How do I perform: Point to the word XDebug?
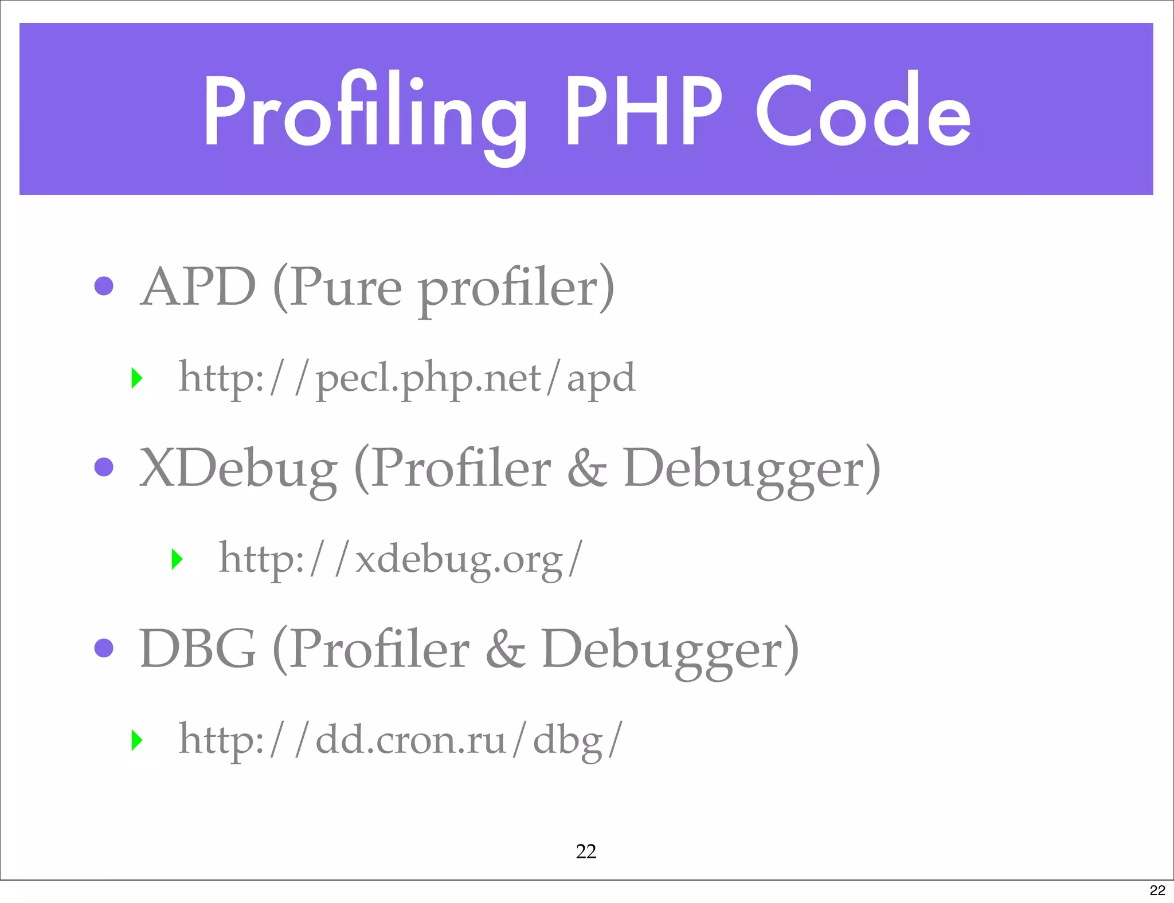tap(238, 469)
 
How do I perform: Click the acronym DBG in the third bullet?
tap(197, 649)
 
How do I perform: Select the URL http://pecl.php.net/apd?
tap(407, 378)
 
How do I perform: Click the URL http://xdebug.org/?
tap(401, 559)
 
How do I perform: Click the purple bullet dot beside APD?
tap(104, 285)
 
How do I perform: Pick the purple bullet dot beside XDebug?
tap(104, 466)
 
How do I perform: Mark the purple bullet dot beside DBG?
tap(104, 647)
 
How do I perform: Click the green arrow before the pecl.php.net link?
tap(136, 378)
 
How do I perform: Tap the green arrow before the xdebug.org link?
tap(177, 559)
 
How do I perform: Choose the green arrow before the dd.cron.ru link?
tap(136, 740)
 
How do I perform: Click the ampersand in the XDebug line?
tap(587, 469)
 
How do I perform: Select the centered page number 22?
tap(586, 851)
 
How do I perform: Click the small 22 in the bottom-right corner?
tap(1157, 890)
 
